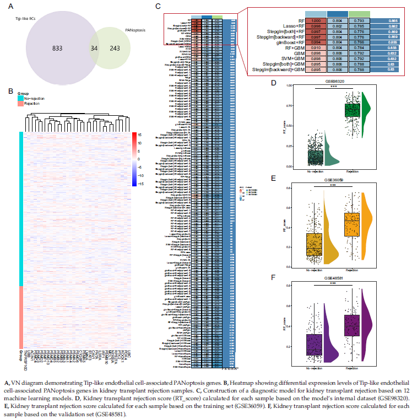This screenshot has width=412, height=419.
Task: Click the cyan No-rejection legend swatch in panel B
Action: pyautogui.click(x=20, y=98)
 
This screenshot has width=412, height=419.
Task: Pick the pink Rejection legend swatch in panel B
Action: pyautogui.click(x=20, y=103)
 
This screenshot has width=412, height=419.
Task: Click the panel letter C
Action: pyautogui.click(x=158, y=6)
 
